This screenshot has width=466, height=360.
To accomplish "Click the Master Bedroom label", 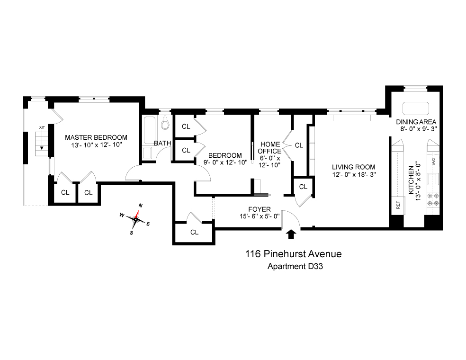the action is pos(96,137).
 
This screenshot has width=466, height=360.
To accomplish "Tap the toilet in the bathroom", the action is pos(165,123).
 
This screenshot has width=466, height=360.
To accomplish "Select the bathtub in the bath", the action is pos(149,130).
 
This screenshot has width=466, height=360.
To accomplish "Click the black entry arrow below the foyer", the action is pos(291,234).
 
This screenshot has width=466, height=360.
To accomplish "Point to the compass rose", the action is pos(135,219).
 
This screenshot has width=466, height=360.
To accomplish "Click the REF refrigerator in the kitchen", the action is pos(398,205).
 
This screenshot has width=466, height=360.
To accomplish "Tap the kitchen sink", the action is pos(432,179).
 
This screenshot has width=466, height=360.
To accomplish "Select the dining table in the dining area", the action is pos(416,108).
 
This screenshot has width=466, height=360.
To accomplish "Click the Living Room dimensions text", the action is pos(354,174).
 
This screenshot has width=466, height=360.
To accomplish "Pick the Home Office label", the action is pos(269,148).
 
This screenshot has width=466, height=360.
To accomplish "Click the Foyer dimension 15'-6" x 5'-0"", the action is pos(260,216).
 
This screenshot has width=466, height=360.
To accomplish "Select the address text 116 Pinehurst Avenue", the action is pos(293,254).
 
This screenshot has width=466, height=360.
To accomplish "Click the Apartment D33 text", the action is pos(295,266).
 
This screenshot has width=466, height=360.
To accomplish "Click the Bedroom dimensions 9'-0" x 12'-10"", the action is pos(225,162).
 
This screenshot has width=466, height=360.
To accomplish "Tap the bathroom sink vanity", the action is pos(147,153).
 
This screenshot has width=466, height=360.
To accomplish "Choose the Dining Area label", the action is pos(416,122).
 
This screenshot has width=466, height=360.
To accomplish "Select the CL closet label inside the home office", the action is pos(299,145).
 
